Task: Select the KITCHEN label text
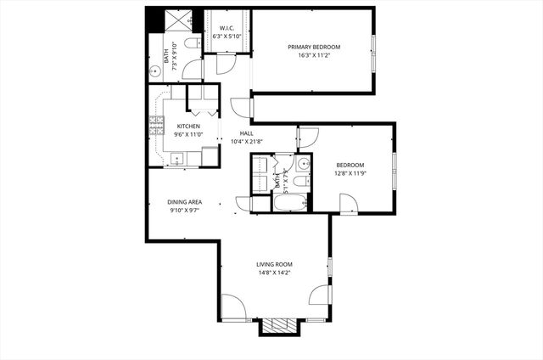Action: (x=188, y=127)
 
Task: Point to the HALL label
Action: (x=246, y=133)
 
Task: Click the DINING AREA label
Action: (x=184, y=202)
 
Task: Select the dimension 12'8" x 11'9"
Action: (x=350, y=174)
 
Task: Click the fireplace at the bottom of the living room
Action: (x=277, y=326)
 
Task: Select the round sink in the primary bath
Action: (x=157, y=72)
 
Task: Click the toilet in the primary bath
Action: (x=193, y=42)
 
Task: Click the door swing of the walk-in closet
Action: (x=225, y=65)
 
